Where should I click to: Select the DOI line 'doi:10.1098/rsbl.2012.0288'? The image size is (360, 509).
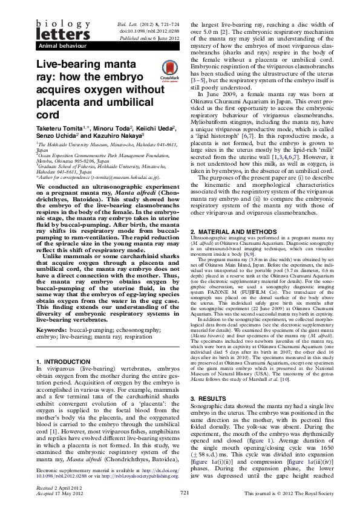(144, 29)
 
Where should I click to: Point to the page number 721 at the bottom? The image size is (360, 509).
(185, 493)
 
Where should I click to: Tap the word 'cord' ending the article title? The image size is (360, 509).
(50, 115)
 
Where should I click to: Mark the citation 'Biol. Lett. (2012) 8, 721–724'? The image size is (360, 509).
(145, 21)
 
